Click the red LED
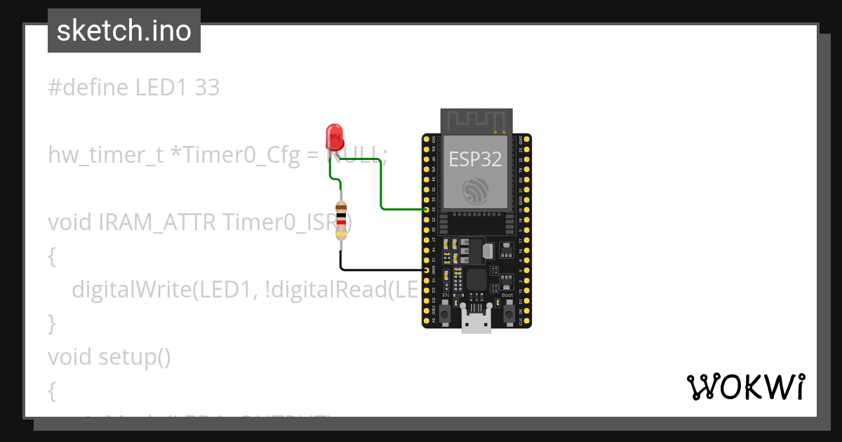pos(335,136)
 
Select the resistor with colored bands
pos(341,220)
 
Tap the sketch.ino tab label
pos(124,31)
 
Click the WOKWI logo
pos(745,387)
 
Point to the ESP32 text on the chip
pos(476,159)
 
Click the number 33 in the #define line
pos(207,88)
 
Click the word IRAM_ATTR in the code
pos(157,222)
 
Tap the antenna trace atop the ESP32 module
pos(476,120)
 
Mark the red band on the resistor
pos(341,222)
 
